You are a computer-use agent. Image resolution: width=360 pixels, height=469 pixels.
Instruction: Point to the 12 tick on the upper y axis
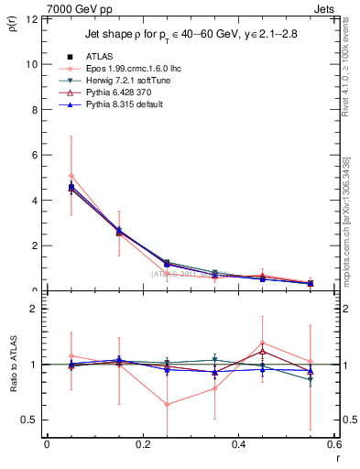[x=34, y=19]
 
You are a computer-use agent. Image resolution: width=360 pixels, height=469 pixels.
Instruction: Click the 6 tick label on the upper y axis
[x=36, y=155]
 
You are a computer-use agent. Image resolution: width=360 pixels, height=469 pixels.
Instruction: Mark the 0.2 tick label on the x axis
[x=142, y=445]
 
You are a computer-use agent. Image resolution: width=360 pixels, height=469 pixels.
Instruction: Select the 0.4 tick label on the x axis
[x=238, y=445]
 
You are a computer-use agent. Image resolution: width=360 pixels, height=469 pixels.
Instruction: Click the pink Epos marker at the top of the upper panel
[x=71, y=176]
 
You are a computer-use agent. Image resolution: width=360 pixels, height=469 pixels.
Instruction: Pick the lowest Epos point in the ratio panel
[x=167, y=404]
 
